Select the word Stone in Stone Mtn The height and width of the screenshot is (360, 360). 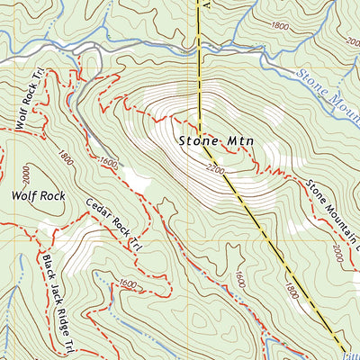pyautogui.click(x=195, y=140)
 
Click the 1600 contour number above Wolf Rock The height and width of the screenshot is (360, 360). pyautogui.click(x=110, y=163)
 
